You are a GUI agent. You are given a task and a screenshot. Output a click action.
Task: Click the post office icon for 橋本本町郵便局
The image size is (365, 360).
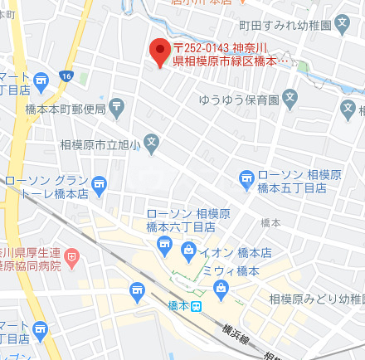pos(116,106)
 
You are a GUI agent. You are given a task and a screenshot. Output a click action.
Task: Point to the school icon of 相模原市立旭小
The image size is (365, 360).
pos(152,143)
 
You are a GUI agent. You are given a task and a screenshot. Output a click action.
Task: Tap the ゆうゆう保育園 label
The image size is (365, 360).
pos(239,100)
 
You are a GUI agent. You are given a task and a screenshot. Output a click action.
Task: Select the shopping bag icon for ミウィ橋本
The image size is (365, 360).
pos(221,289)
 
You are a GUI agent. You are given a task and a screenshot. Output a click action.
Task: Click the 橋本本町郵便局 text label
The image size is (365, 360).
pos(65,109)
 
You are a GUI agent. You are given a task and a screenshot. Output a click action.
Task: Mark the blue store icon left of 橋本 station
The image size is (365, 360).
pos(137,289)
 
